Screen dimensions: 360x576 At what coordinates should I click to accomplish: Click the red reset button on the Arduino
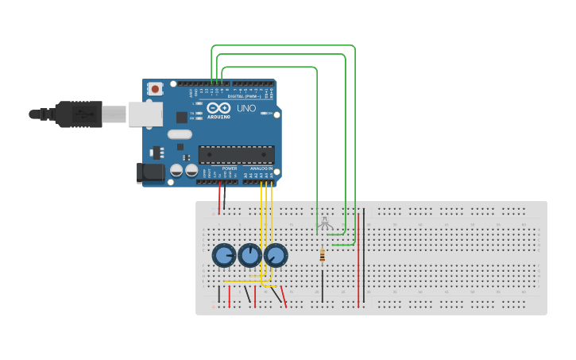(156, 89)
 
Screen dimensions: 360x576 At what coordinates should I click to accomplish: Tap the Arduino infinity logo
(218, 107)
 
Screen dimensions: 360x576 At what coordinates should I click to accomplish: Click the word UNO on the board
(246, 108)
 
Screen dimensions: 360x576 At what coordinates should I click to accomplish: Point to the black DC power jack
(150, 172)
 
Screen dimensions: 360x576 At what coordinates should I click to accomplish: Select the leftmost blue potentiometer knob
(224, 255)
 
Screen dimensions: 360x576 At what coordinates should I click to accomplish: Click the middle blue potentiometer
(249, 255)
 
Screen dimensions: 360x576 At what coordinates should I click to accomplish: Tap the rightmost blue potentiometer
(275, 255)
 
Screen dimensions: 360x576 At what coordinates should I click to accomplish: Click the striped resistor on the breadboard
(322, 255)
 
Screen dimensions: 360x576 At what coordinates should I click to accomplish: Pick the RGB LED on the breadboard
(325, 225)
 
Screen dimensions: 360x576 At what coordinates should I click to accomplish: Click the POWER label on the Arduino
(230, 168)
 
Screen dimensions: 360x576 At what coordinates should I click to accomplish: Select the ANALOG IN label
(261, 168)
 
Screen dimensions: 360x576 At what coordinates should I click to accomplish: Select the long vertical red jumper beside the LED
(358, 258)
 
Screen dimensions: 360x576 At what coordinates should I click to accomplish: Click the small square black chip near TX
(181, 118)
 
